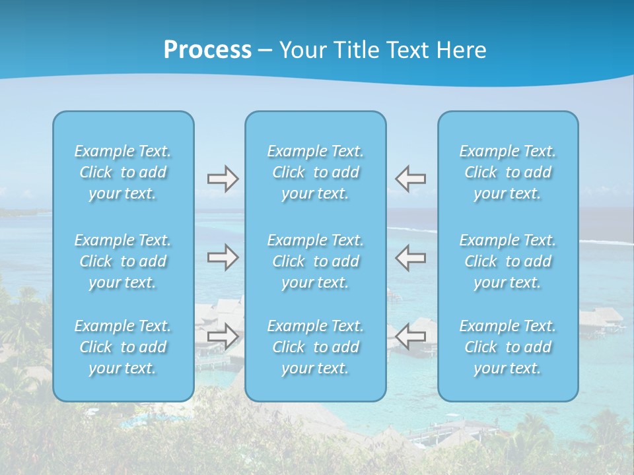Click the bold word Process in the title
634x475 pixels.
pyautogui.click(x=207, y=50)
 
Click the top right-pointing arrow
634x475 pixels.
pyautogui.click(x=223, y=179)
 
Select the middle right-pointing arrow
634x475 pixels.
pyautogui.click(x=223, y=257)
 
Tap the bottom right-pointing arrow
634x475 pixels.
pyautogui.click(x=223, y=336)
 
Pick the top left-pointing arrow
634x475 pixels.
pyautogui.click(x=410, y=179)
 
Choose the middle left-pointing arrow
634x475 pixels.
pyautogui.click(x=410, y=257)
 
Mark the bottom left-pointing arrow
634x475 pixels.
pyautogui.click(x=410, y=336)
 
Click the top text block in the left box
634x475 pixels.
pyautogui.click(x=123, y=172)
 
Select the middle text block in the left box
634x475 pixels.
pyautogui.click(x=123, y=261)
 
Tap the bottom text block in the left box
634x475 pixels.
pyautogui.click(x=123, y=347)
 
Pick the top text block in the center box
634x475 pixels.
pyautogui.click(x=316, y=172)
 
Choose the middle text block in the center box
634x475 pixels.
pyautogui.click(x=316, y=261)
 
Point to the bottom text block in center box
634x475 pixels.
pyautogui.click(x=316, y=347)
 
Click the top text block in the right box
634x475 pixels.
pyautogui.click(x=508, y=172)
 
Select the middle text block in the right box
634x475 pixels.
pyautogui.click(x=508, y=261)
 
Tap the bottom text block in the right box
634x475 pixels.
pyautogui.click(x=508, y=347)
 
